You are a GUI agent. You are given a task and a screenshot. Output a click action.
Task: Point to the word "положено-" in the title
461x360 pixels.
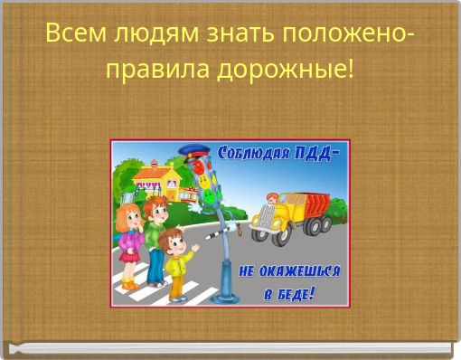(348, 34)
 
